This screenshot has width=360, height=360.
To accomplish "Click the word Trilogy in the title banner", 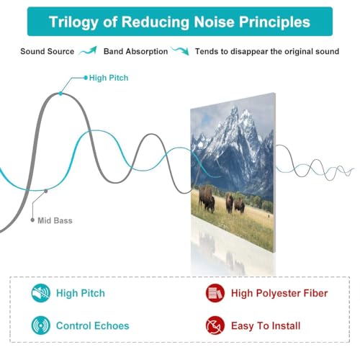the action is [73, 22].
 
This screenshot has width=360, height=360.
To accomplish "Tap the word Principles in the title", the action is [274, 22].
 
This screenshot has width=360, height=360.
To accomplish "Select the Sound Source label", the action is [48, 51].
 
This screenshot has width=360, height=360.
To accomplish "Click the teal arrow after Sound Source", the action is [88, 50].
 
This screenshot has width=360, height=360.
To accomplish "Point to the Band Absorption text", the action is [135, 51].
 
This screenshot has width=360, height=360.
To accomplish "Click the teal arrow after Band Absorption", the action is [181, 51].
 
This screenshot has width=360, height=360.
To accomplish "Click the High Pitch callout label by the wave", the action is [109, 78].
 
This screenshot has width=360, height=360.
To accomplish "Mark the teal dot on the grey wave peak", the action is [60, 94].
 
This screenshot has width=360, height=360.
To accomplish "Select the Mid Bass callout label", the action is [55, 220].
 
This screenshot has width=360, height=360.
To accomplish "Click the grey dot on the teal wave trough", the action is [46, 191].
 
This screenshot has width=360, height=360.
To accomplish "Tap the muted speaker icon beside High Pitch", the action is [41, 293].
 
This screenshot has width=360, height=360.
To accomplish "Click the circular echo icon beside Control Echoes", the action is [41, 325].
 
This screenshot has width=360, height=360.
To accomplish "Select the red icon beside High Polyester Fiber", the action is [215, 293].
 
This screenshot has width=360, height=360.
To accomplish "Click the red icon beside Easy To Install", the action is [215, 325].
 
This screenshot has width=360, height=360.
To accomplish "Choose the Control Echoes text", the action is [93, 325].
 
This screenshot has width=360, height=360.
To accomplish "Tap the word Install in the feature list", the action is [286, 325].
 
